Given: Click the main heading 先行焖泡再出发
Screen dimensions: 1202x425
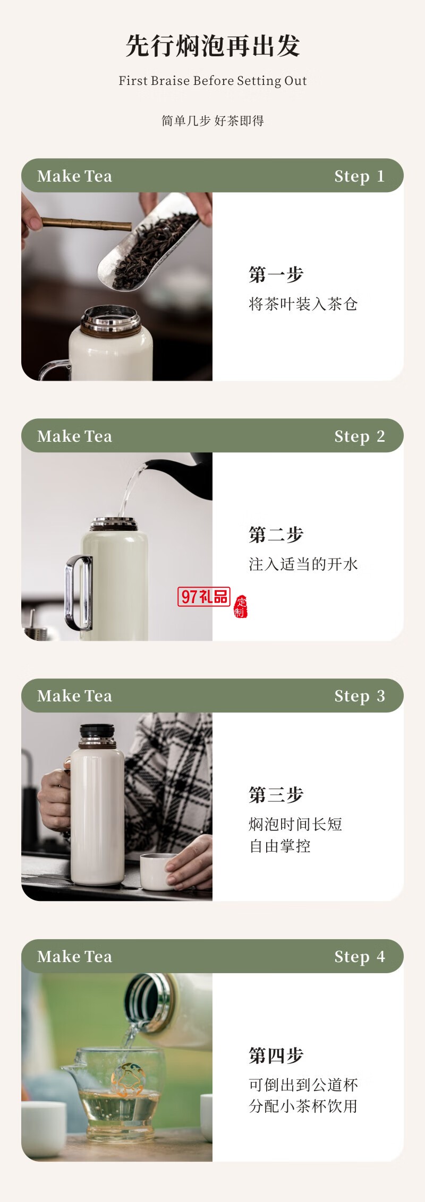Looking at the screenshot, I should point(212,46).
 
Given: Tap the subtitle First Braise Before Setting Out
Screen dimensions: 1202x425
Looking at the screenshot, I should point(212,81).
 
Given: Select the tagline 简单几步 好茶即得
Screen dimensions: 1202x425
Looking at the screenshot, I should point(212,121).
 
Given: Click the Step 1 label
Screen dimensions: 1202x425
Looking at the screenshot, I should point(359,176).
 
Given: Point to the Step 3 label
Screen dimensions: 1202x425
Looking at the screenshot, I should point(359,696).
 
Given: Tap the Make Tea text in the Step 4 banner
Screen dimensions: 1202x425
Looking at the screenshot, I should point(75,957).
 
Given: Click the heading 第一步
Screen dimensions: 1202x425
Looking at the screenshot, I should point(276,274).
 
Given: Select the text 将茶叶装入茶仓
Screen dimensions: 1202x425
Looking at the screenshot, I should point(303,304).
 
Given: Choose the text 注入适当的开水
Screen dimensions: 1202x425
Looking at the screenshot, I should point(303,564).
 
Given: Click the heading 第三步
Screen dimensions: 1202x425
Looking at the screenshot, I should point(276,795).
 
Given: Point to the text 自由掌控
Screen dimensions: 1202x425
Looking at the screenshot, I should point(280,846).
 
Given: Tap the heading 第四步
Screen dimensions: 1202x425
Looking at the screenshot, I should point(276,1055).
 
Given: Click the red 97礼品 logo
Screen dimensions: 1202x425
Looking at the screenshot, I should point(204,597).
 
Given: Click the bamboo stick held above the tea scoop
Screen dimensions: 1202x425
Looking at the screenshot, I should point(85,224).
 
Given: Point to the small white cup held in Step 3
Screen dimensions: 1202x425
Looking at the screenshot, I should point(157,871).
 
